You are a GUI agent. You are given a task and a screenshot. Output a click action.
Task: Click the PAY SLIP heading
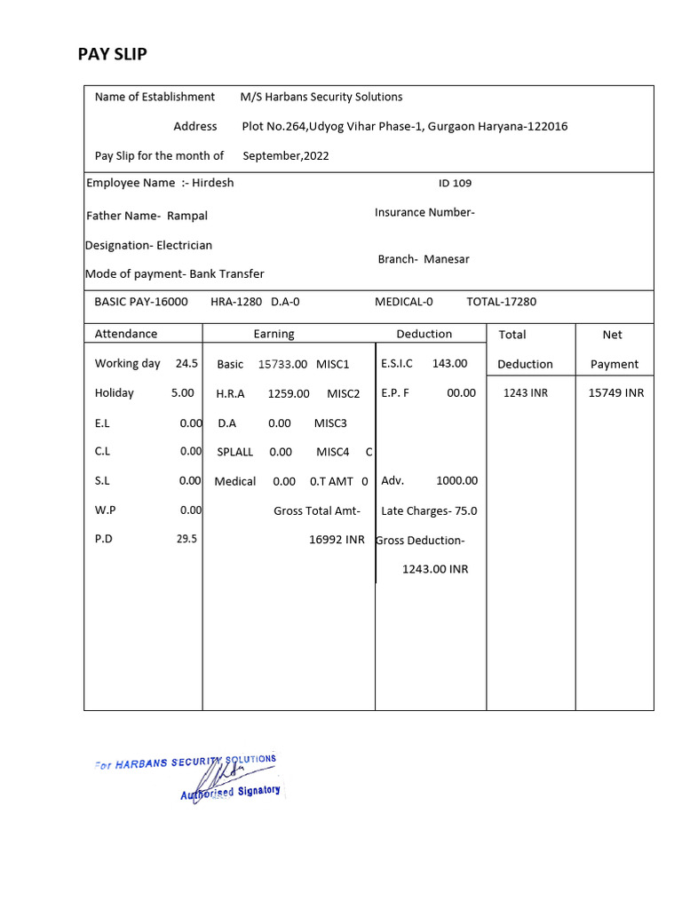pos(113,54)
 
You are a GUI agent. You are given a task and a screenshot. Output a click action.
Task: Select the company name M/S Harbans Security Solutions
pos(321,97)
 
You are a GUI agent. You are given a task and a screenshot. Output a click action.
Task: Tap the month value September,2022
pos(286,155)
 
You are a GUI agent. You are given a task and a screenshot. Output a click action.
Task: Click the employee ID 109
pos(455,184)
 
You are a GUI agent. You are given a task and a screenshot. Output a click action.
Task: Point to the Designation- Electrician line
pos(148,245)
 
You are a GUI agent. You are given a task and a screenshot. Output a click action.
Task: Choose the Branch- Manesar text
pos(424,259)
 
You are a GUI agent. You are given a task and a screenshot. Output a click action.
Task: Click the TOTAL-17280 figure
pos(502,302)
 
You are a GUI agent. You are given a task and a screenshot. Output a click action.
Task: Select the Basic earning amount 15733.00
pos(282,364)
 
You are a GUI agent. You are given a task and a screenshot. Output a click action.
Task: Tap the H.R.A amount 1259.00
pos(289,393)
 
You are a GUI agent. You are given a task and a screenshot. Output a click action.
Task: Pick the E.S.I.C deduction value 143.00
pos(449,363)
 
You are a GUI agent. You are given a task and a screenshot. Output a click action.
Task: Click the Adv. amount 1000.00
pos(456,480)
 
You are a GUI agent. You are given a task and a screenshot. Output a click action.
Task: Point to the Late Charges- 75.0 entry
pos(429,510)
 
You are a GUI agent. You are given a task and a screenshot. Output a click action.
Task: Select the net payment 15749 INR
pos(616,392)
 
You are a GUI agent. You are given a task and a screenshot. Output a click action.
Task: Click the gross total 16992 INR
pos(337,540)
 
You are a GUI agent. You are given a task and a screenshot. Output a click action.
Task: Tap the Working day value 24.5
pos(186,363)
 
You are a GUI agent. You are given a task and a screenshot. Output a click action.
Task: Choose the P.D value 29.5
pos(186,539)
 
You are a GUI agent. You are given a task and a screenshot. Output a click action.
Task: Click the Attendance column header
pos(126,334)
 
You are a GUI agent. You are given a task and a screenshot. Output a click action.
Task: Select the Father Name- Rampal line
pos(147,216)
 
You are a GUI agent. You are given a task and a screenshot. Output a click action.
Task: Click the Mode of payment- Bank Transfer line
pos(174,274)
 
